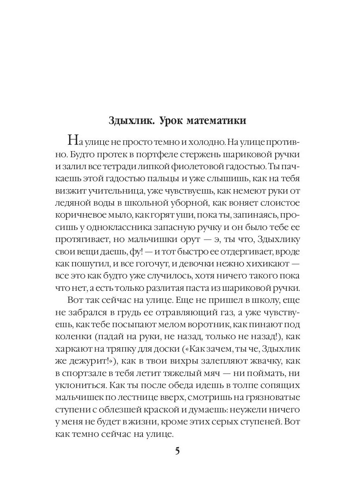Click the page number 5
pyautogui.click(x=178, y=451)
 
